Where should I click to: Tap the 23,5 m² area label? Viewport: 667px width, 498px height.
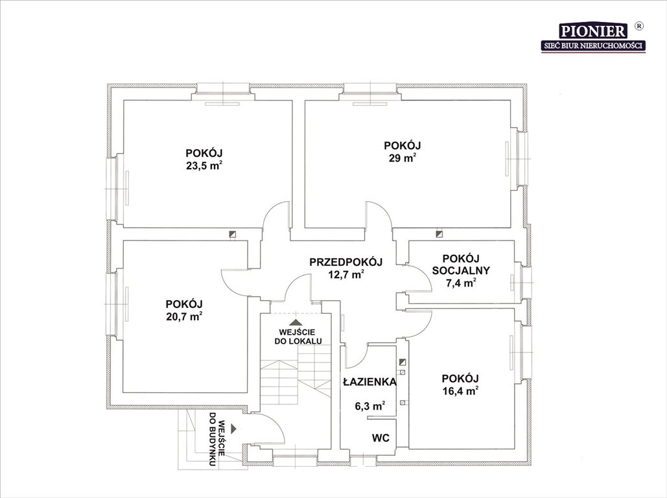pos(204,165)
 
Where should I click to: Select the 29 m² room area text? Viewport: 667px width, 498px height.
pos(402,158)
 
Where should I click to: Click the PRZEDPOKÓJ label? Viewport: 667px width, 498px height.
pos(346,262)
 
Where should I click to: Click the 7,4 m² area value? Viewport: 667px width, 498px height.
pos(461,283)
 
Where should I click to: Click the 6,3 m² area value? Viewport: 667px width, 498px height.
pos(370,406)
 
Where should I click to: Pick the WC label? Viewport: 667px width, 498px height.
pos(380,438)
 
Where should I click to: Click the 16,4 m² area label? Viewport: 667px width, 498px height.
pos(460,391)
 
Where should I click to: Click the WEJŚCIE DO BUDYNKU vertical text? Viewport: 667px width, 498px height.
pos(216,438)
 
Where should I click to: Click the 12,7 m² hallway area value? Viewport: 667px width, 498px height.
pos(346,275)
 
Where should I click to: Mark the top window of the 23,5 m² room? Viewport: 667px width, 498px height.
pos(222,91)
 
